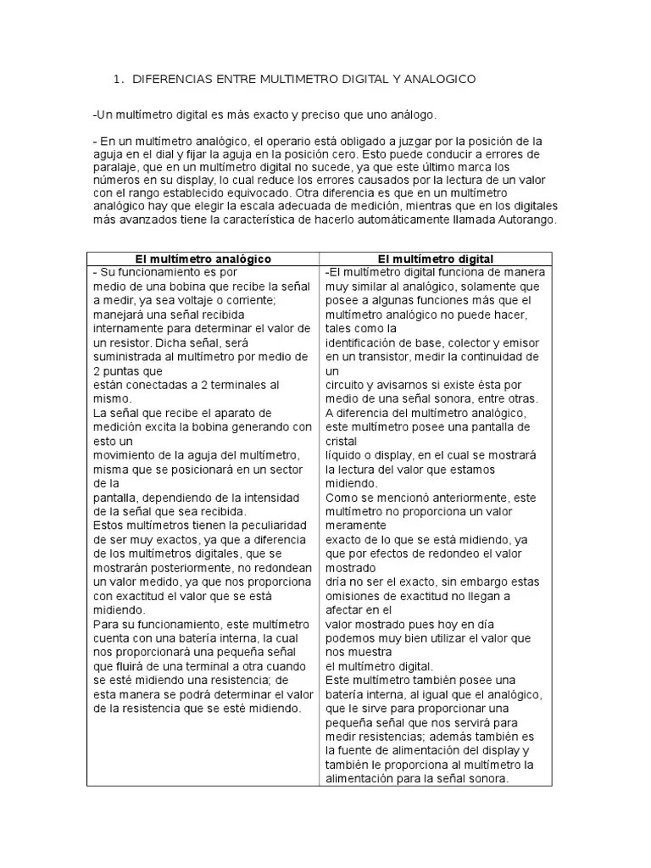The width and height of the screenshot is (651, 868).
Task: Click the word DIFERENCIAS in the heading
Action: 173,79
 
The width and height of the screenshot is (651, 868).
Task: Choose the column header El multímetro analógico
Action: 203,259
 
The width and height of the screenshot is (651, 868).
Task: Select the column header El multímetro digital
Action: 436,259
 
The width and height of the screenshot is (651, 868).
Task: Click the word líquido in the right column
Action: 345,454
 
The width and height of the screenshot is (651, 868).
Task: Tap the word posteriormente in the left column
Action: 196,567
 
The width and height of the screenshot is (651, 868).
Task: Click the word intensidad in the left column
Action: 281,497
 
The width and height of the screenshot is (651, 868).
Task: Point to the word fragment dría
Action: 337,581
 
